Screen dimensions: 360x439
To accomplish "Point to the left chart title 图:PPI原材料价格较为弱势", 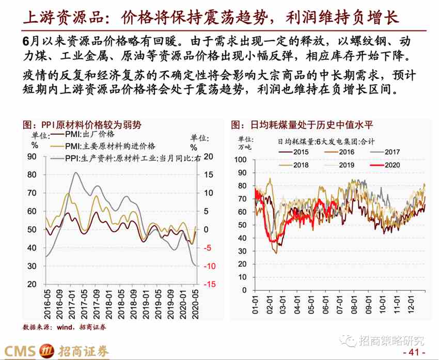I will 82,124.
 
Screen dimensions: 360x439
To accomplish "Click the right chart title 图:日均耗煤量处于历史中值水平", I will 304,124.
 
